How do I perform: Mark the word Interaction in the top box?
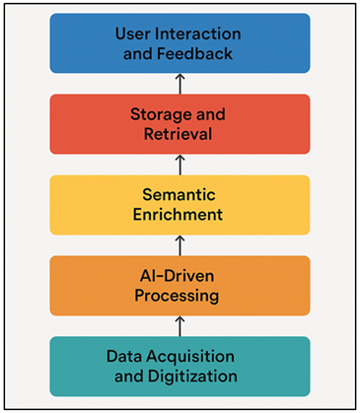click(x=192, y=33)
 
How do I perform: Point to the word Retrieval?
click(x=180, y=134)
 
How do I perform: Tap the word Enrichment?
click(x=180, y=214)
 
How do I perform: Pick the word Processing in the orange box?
click(x=180, y=295)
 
